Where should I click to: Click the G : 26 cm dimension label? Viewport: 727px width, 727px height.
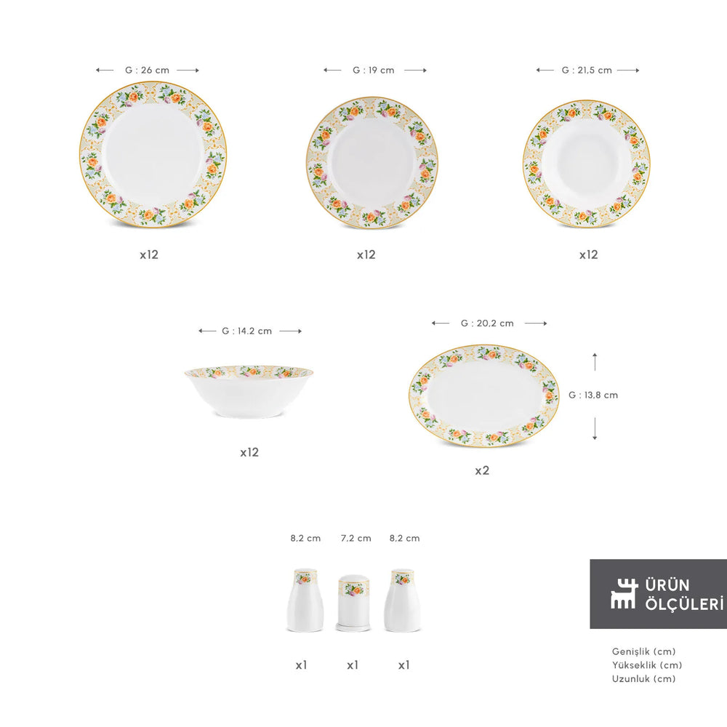point(147,70)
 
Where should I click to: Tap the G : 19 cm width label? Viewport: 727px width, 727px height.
point(373,70)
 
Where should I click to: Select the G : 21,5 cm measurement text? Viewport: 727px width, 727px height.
point(587,70)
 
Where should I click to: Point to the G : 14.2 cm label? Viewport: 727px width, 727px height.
point(246,331)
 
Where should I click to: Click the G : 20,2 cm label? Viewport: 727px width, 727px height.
point(487,324)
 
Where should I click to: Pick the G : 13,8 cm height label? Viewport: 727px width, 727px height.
point(593,395)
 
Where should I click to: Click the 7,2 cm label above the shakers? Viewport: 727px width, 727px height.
point(356,538)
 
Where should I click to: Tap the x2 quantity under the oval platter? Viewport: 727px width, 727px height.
point(482,470)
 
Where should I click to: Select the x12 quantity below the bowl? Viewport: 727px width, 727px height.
point(249,452)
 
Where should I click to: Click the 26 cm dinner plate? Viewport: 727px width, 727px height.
point(153,154)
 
